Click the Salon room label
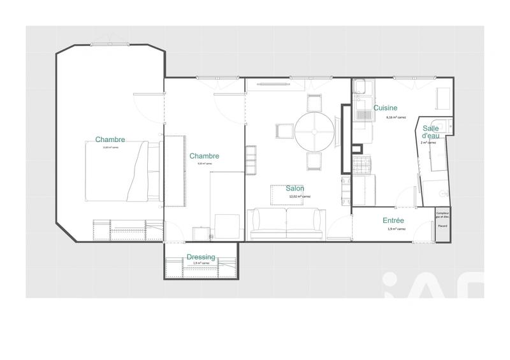[x=295, y=189]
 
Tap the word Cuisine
[x=386, y=108]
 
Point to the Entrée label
[x=393, y=220]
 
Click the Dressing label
[x=201, y=257]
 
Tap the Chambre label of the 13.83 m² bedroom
[x=110, y=140]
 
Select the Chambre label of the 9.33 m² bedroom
[x=204, y=155]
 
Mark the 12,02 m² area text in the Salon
[x=296, y=197]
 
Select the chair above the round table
[x=313, y=104]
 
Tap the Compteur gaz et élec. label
[x=442, y=215]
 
